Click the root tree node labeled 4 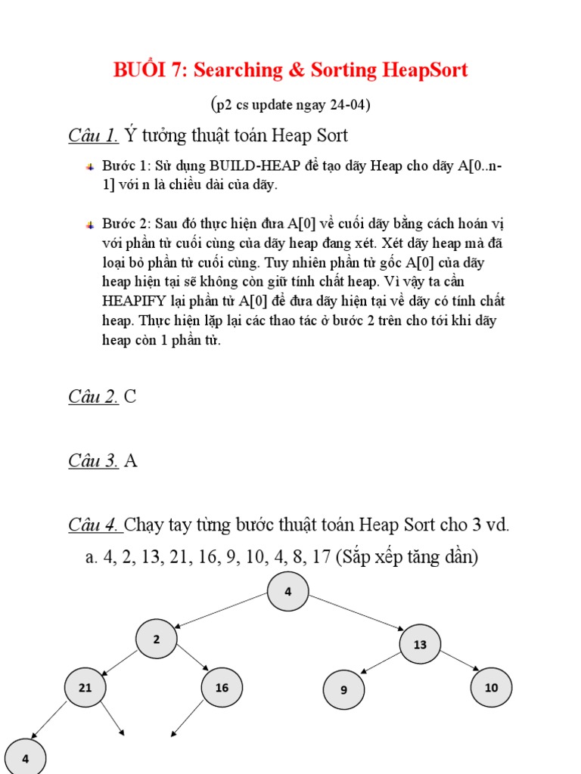click(x=288, y=592)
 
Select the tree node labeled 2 click(x=157, y=639)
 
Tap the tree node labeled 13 click(x=421, y=645)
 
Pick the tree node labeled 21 click(x=85, y=688)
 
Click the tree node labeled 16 click(x=222, y=688)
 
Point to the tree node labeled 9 click(x=343, y=690)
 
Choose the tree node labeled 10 click(x=492, y=688)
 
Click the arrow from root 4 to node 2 click(x=221, y=611)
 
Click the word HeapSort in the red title click(x=425, y=70)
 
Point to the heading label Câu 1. click(x=93, y=136)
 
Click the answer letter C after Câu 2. click(x=130, y=397)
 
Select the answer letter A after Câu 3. click(x=130, y=460)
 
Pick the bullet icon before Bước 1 click(x=90, y=166)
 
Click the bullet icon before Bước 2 click(x=90, y=224)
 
